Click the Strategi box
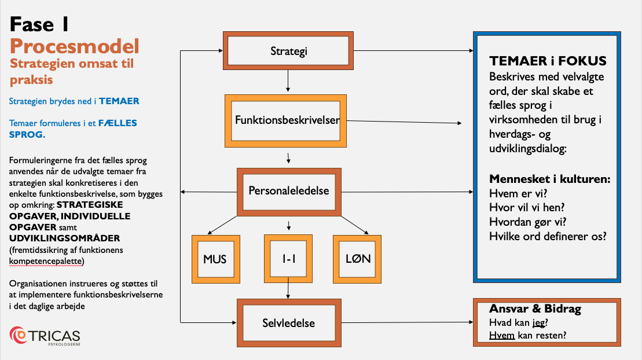[288, 51]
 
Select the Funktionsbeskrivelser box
[286, 121]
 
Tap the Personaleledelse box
[289, 192]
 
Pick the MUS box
[216, 259]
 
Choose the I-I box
[288, 259]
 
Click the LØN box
[357, 259]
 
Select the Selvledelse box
[289, 323]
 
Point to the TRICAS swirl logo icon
[18, 335]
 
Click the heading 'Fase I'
[39, 24]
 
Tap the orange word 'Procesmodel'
[75, 46]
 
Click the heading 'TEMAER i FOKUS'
[548, 61]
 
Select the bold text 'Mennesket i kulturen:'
[550, 179]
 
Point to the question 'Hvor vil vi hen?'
[527, 208]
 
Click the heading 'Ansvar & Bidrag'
[535, 309]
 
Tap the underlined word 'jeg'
[539, 323]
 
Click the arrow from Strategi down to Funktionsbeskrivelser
[288, 80]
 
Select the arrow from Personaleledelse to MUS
[222, 225]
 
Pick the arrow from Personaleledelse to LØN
[355, 225]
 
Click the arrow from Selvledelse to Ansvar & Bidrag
[408, 322]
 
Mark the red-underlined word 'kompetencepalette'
[46, 261]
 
